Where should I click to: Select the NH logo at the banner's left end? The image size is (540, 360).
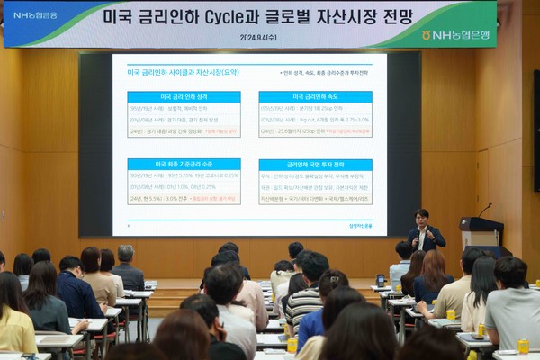34,15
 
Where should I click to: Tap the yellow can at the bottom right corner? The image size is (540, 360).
523,346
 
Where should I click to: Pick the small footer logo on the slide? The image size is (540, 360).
360,225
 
